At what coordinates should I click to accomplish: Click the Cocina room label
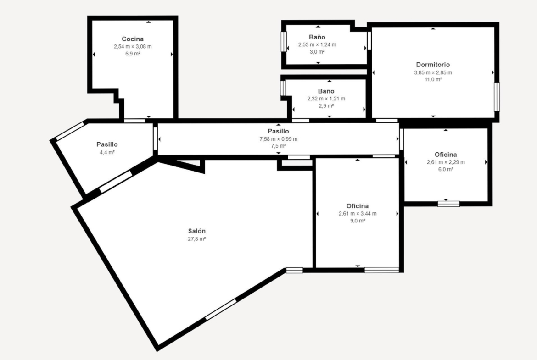tap(133, 39)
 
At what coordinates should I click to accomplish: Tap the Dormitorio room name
tap(433, 65)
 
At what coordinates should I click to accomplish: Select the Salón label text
tap(196, 231)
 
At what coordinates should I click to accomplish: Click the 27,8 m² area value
tap(196, 239)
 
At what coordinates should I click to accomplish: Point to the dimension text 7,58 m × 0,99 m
tap(279, 139)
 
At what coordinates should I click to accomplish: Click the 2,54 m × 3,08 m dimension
tap(133, 46)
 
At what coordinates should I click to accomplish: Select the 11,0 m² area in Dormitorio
tap(433, 79)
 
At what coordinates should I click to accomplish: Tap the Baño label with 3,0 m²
tap(317, 37)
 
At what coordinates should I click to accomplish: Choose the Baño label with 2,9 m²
tap(326, 91)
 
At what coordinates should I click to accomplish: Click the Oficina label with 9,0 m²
tap(358, 206)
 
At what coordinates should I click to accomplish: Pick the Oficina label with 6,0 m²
tap(446, 155)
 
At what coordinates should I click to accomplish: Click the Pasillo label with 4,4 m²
tap(107, 144)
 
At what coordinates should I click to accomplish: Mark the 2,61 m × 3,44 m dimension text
tap(358, 214)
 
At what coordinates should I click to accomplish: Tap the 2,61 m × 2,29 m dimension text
tap(446, 162)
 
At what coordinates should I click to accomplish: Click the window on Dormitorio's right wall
tap(497, 96)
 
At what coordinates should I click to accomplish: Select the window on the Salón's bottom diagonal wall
tap(221, 310)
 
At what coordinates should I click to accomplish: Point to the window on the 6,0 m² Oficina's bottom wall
tap(448, 204)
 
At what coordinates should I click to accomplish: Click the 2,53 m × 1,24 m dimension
tap(317, 44)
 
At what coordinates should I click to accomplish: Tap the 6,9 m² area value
tap(133, 54)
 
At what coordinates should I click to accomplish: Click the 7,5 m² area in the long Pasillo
tap(279, 146)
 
